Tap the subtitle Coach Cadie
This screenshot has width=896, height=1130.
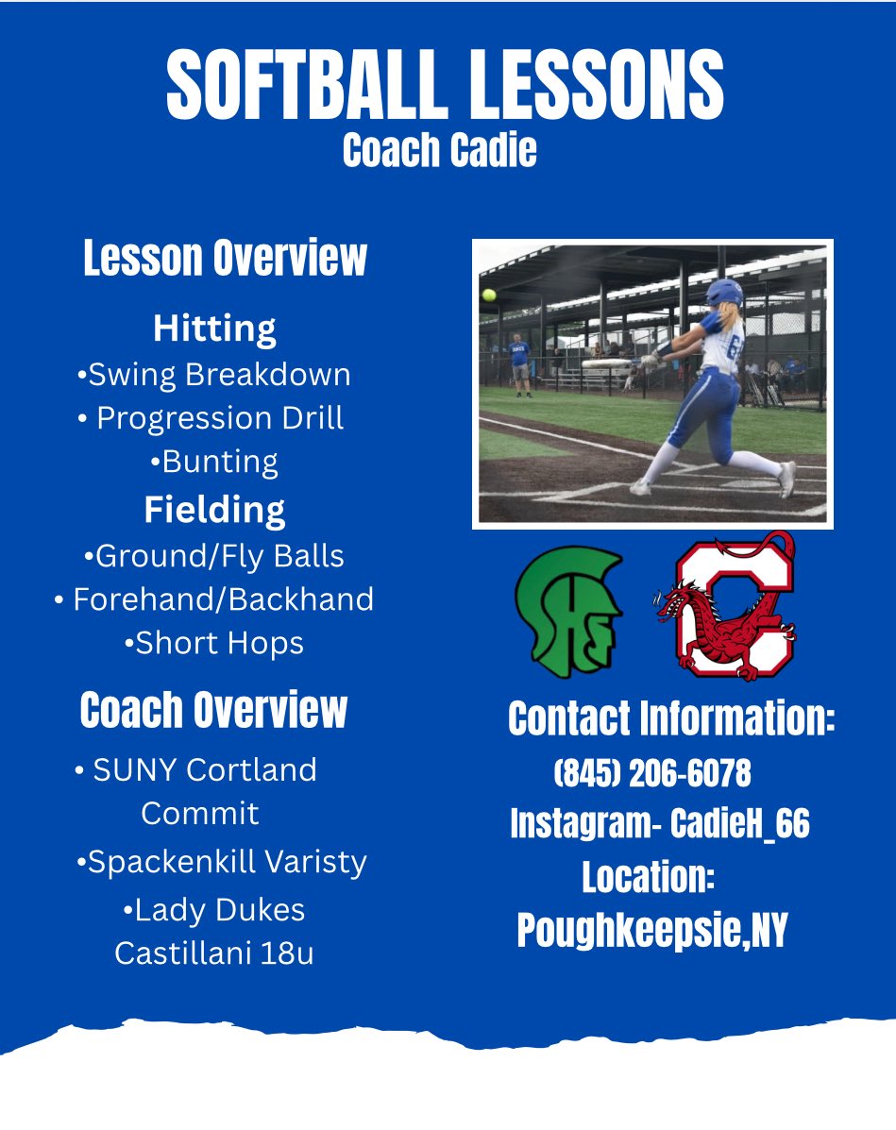pos(439,150)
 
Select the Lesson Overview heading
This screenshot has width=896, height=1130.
pos(225,259)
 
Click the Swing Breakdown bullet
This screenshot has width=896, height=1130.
pos(213,375)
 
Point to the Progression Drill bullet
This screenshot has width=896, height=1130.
pos(211,418)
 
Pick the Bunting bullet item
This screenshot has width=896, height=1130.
pos(214,462)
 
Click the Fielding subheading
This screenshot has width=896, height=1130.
pos(214,510)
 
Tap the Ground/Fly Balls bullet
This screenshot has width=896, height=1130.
pos(213,556)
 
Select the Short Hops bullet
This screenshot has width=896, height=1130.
pos(213,643)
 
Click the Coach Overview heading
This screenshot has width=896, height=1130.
pos(213,711)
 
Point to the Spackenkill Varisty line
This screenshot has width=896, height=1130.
pos(221,862)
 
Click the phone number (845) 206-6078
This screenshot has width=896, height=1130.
pos(652,774)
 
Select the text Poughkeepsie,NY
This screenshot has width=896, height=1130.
pos(652,932)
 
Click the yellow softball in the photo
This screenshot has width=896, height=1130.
pos(489,295)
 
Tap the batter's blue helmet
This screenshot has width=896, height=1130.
pos(725,295)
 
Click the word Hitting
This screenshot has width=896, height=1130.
pos(214,329)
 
